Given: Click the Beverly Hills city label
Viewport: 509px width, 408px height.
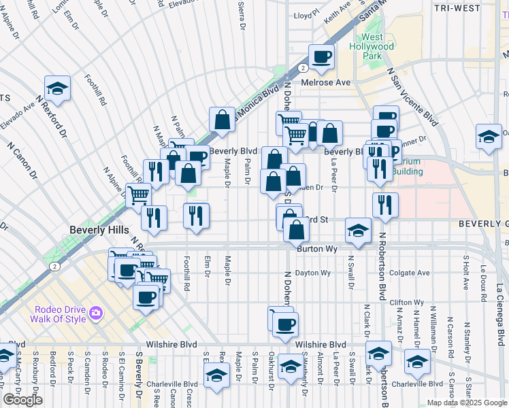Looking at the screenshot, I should (x=99, y=231).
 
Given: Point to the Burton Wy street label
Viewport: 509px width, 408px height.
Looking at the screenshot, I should (x=317, y=250).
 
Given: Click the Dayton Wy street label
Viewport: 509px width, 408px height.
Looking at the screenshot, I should (x=312, y=273).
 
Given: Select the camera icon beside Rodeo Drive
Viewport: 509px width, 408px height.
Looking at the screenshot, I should (x=97, y=312).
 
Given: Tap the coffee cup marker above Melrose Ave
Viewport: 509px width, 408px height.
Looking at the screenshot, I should (x=322, y=56).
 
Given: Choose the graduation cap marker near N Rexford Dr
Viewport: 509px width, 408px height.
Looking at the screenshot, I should (x=58, y=88).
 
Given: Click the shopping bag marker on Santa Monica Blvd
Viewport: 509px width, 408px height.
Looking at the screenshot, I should (x=222, y=120).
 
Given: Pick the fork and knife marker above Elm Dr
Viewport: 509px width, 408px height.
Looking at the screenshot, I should (x=196, y=216).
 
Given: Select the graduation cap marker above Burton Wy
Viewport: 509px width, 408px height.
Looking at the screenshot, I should (x=358, y=230).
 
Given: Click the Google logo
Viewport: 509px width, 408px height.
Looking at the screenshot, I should (x=22, y=400).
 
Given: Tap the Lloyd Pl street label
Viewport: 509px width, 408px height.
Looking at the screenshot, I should (x=306, y=14).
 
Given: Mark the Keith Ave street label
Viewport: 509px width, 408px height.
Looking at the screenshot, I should (x=337, y=12).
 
